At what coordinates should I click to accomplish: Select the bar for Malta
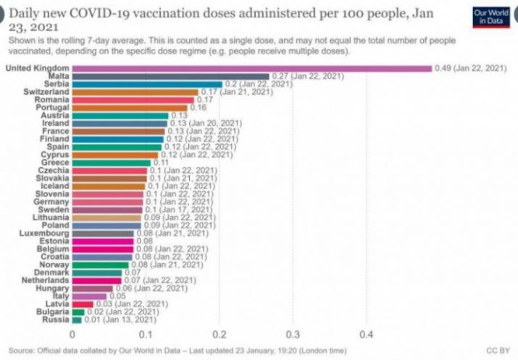170,75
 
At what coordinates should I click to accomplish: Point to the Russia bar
76,319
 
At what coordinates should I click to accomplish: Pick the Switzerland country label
46,92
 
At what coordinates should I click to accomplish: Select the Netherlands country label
44,279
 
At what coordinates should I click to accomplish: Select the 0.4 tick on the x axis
367,335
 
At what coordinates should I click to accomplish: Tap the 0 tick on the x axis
72,335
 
